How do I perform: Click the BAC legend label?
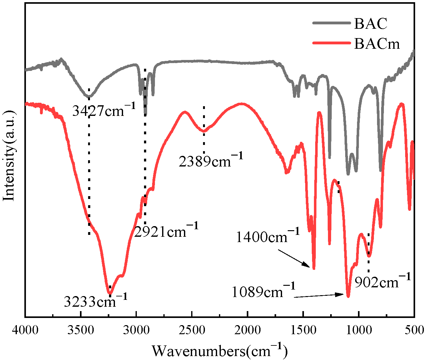(370, 23)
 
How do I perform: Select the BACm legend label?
(377, 44)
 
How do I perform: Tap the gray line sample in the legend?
(331, 23)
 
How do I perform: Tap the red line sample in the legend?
(331, 43)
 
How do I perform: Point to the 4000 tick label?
(25, 330)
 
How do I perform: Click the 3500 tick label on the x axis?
(81, 330)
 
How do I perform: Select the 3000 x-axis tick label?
(136, 330)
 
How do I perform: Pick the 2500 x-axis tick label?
(192, 330)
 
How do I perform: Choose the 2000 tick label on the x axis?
(247, 330)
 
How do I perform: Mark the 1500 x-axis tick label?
(303, 330)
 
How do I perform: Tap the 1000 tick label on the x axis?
(359, 330)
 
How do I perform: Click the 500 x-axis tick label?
(414, 330)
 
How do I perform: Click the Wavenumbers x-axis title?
(220, 351)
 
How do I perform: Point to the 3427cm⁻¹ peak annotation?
(104, 110)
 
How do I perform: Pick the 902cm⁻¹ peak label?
(383, 282)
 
